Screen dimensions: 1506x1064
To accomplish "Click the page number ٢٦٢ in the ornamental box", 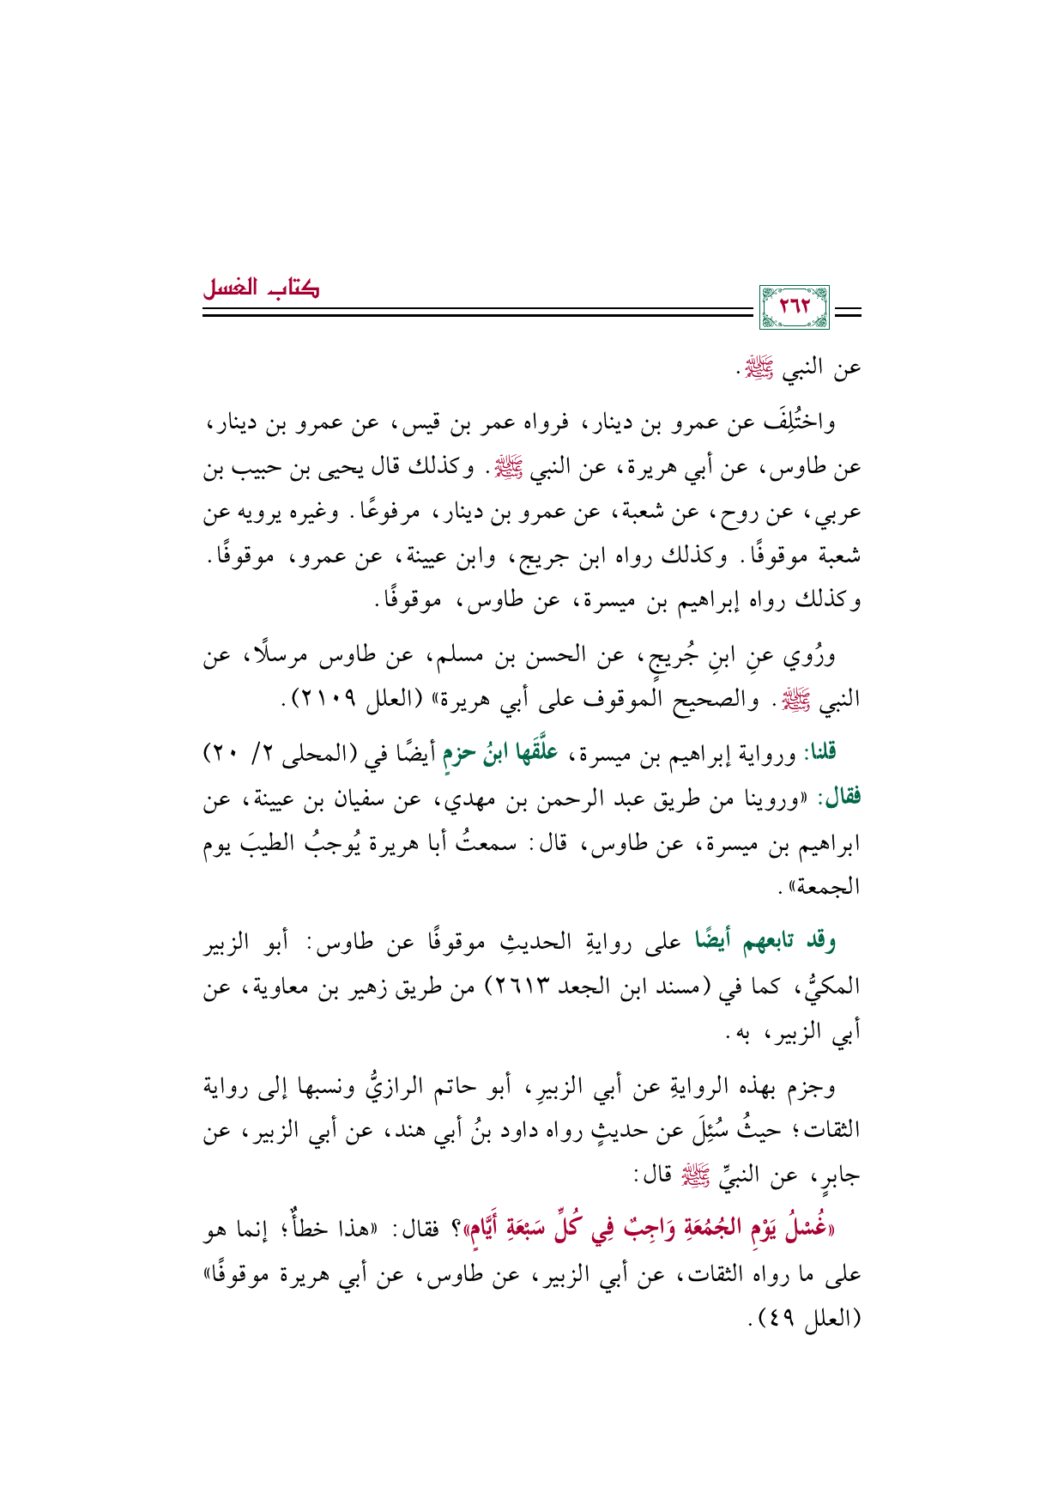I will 794,307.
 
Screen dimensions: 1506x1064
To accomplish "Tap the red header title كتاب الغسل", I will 261,288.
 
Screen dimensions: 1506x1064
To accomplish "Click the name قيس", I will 475,423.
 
